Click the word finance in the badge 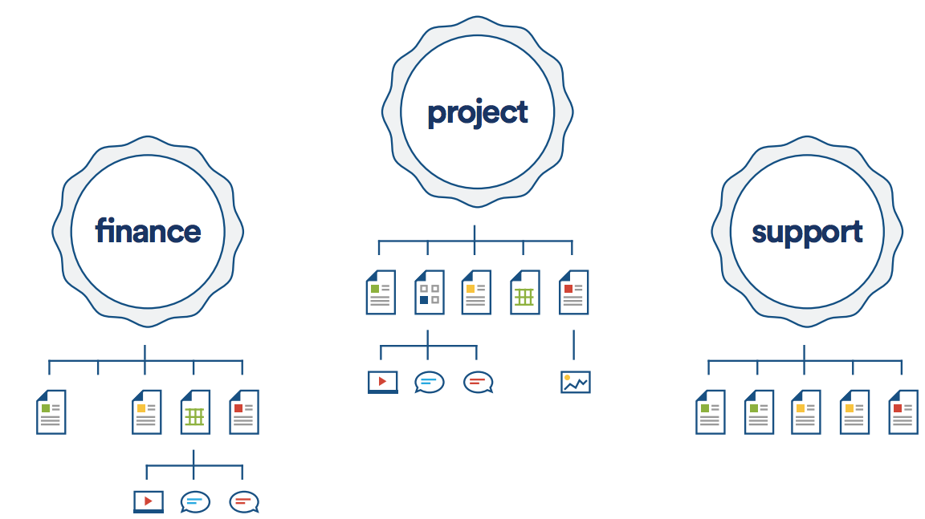pyautogui.click(x=148, y=232)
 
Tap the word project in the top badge pyautogui.click(x=477, y=112)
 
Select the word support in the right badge pyautogui.click(x=806, y=232)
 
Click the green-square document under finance pyautogui.click(x=51, y=412)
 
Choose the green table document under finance pyautogui.click(x=195, y=412)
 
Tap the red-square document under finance pyautogui.click(x=243, y=412)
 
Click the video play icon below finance pyautogui.click(x=148, y=502)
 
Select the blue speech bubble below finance pyautogui.click(x=195, y=502)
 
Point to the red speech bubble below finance pyautogui.click(x=243, y=502)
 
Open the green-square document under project pyautogui.click(x=381, y=292)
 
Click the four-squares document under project pyautogui.click(x=429, y=292)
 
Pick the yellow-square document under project pyautogui.click(x=476, y=292)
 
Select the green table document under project pyautogui.click(x=525, y=292)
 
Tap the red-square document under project pyautogui.click(x=573, y=292)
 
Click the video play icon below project pyautogui.click(x=382, y=382)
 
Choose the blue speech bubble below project pyautogui.click(x=429, y=382)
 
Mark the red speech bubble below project pyautogui.click(x=478, y=382)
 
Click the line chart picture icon pyautogui.click(x=575, y=382)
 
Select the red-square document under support pyautogui.click(x=903, y=412)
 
